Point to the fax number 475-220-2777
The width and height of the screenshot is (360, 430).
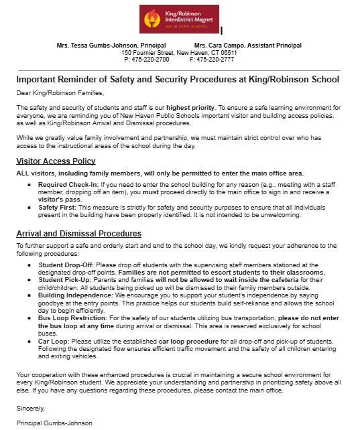pos(216,59)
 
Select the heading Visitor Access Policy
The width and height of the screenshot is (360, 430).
pos(56,161)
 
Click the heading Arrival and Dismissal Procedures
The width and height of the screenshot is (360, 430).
pos(78,234)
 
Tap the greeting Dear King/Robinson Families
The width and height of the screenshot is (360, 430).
pos(60,93)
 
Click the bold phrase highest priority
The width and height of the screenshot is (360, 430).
pos(190,107)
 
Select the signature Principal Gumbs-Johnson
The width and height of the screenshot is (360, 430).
pos(54,423)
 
